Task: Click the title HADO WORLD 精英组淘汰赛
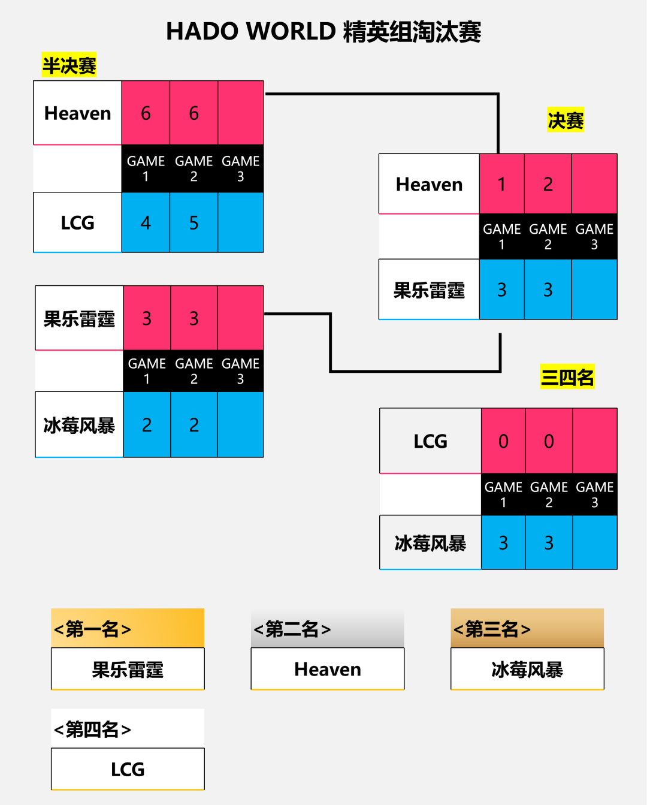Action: [x=323, y=32]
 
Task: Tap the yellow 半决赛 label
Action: [x=69, y=65]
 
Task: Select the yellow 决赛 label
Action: [x=565, y=120]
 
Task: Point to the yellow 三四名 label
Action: [x=567, y=377]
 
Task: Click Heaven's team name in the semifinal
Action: [x=78, y=113]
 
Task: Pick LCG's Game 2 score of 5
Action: [x=194, y=223]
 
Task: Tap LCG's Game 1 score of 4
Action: [x=146, y=223]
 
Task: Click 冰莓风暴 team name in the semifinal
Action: [x=79, y=425]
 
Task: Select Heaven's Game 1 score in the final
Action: [x=502, y=184]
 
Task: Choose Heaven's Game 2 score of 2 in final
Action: [x=548, y=184]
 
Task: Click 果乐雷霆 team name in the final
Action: [x=429, y=290]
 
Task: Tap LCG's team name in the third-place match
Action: [x=430, y=441]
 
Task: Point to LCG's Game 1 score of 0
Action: [x=503, y=441]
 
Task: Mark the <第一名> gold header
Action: [x=128, y=629]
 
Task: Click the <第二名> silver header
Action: [x=327, y=629]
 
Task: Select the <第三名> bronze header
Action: [x=527, y=629]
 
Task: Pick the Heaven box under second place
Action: [x=327, y=669]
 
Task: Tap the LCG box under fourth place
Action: [x=128, y=769]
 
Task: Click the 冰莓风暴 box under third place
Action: [x=527, y=669]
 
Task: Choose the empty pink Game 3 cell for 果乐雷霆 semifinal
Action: [x=240, y=318]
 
